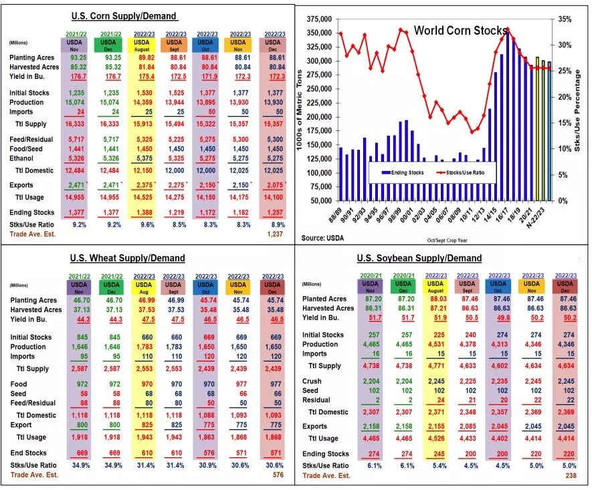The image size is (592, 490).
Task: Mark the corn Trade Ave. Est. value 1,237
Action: point(274,235)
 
